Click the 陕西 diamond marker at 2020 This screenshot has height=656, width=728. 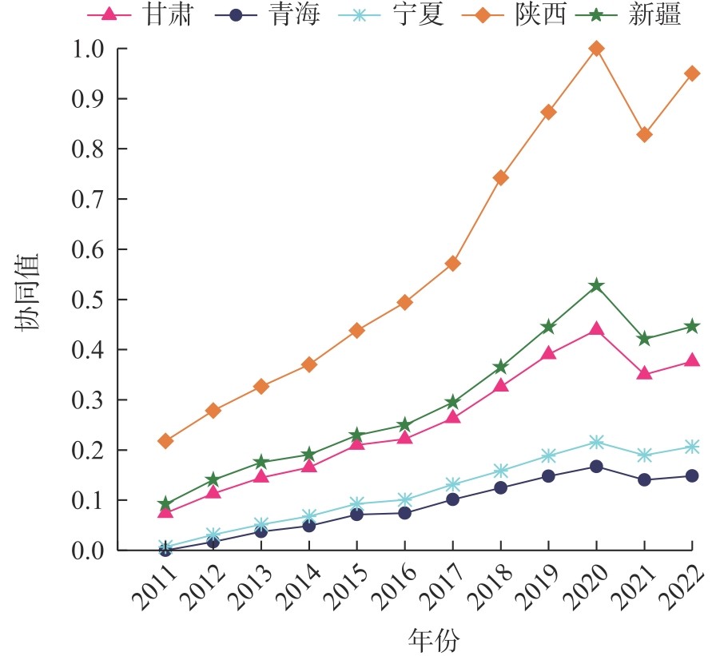pyautogui.click(x=596, y=49)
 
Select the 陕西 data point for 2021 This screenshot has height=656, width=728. pyautogui.click(x=644, y=134)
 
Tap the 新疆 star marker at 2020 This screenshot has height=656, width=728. pyautogui.click(x=596, y=285)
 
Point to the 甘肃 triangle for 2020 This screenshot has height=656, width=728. pyautogui.click(x=596, y=328)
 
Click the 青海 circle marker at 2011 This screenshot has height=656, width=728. pyautogui.click(x=165, y=550)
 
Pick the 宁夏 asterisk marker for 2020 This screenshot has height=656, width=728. pyautogui.click(x=596, y=442)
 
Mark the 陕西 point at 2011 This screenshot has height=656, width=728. pyautogui.click(x=165, y=440)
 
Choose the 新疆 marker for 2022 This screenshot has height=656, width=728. pyautogui.click(x=692, y=326)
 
